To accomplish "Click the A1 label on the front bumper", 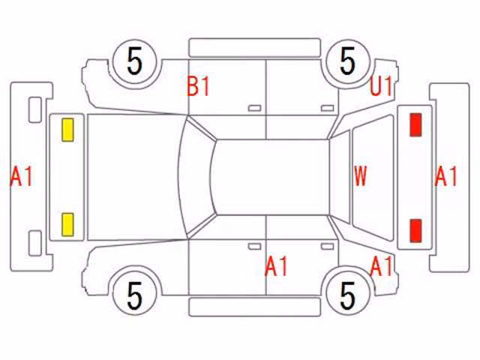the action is [21, 177].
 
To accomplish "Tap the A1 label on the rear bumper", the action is [445, 177].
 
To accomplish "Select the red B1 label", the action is [198, 86].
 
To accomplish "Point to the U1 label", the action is [381, 86].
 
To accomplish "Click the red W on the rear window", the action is [360, 176].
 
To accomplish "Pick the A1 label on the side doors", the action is [276, 266].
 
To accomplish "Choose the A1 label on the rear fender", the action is [381, 265].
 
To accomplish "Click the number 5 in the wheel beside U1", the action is [348, 61].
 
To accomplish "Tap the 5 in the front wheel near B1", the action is [135, 61].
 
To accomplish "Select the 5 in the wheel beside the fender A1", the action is [348, 295].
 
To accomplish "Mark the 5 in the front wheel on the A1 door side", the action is [135, 295].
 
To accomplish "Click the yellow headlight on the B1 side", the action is [67, 130].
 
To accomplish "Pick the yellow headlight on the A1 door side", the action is [67, 225].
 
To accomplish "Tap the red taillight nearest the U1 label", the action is [415, 124].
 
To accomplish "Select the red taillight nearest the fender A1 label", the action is [415, 230].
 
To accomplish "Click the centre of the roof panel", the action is [271, 177].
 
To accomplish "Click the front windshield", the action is [196, 177].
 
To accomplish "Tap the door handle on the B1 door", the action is [254, 108].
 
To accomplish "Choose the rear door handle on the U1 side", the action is [327, 108].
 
